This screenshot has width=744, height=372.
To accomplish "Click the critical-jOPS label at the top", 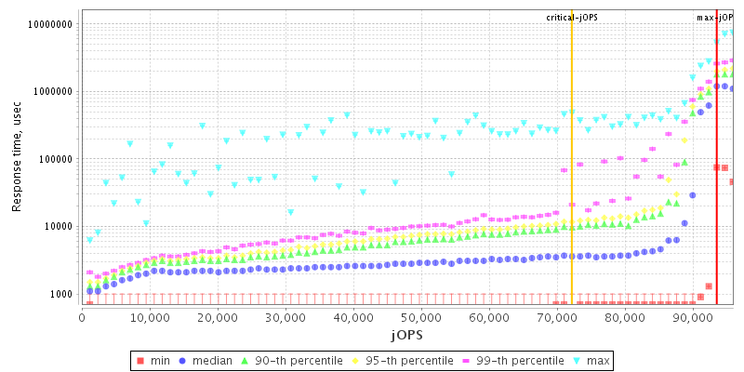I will point(572,17).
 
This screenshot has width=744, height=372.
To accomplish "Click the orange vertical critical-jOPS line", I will point(572,186).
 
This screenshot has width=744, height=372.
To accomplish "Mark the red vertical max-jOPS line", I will point(716,186).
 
